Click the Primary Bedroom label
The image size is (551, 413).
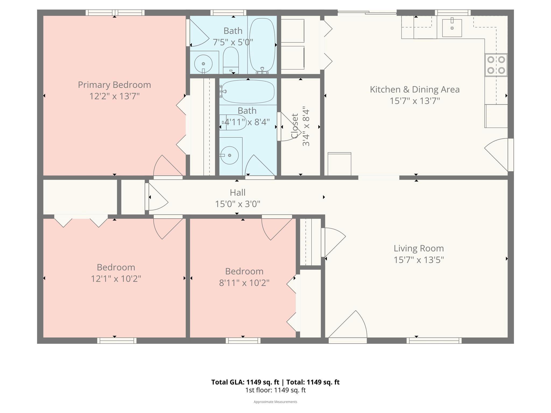(114, 85)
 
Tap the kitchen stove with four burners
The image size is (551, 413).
(496, 65)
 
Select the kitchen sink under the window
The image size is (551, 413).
(452, 28)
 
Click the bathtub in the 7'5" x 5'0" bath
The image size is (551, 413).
(262, 45)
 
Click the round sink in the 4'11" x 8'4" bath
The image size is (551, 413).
(229, 155)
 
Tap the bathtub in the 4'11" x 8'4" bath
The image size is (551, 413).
(248, 91)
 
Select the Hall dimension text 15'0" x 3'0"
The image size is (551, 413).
(238, 204)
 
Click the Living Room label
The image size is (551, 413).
(419, 248)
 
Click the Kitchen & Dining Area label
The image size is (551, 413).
(415, 90)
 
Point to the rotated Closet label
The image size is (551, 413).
(295, 126)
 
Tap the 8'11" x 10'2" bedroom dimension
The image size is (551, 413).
(244, 283)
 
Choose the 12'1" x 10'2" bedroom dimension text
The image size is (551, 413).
(116, 279)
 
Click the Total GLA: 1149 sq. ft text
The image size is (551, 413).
(245, 382)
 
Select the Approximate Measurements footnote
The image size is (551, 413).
(275, 402)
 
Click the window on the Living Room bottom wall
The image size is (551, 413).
(434, 341)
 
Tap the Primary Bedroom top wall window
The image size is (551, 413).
(115, 13)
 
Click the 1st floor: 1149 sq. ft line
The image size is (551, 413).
(275, 390)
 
